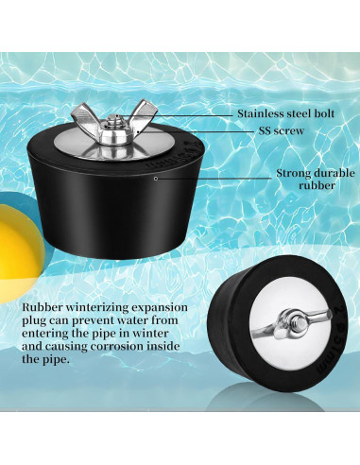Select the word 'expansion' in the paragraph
coord(158,309)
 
